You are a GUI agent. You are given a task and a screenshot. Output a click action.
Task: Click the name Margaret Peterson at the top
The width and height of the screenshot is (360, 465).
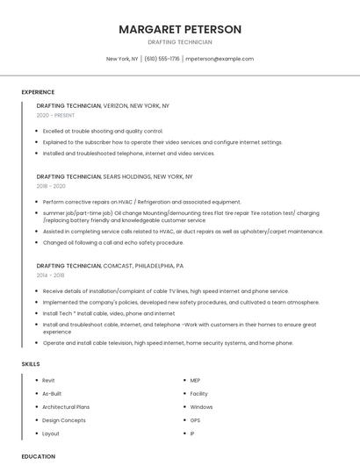pyautogui.click(x=180, y=29)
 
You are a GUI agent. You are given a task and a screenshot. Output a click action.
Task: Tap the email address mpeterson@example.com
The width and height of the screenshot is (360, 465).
pyautogui.click(x=220, y=59)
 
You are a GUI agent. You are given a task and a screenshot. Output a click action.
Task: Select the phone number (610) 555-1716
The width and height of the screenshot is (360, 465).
pyautogui.click(x=162, y=59)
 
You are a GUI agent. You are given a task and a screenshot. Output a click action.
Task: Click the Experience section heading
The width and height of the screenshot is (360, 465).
pyautogui.click(x=38, y=92)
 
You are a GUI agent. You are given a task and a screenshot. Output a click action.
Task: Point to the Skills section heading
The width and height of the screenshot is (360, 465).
pyautogui.click(x=31, y=363)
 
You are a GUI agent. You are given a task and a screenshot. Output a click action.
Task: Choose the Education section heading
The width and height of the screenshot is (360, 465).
pyautogui.click(x=38, y=456)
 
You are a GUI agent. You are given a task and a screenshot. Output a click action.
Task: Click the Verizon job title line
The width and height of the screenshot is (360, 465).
pyautogui.click(x=103, y=105)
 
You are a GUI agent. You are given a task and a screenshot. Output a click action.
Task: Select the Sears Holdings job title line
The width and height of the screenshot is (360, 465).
pyautogui.click(x=114, y=176)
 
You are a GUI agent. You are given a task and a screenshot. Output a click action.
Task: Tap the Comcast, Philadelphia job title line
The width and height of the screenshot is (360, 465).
pyautogui.click(x=110, y=265)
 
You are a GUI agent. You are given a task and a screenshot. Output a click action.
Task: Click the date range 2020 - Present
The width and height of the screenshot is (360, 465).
pyautogui.click(x=55, y=115)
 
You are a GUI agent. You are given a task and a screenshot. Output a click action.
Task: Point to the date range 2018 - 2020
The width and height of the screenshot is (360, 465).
pyautogui.click(x=51, y=186)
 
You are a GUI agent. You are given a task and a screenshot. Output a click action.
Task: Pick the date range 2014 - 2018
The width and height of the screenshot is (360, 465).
pyautogui.click(x=51, y=275)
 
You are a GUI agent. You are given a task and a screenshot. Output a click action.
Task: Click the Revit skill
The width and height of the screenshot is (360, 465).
pyautogui.click(x=49, y=380)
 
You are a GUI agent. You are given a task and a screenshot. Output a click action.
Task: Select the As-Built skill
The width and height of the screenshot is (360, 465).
pyautogui.click(x=52, y=394)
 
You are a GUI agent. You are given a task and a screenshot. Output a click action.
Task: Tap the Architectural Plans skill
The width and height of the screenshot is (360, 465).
pyautogui.click(x=66, y=407)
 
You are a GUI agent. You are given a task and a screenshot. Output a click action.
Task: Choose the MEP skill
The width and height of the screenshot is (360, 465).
pyautogui.click(x=196, y=380)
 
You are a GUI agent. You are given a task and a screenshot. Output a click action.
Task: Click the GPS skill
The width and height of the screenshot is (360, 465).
pyautogui.click(x=195, y=420)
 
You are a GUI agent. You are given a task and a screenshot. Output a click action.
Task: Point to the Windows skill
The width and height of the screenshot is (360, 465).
pyautogui.click(x=201, y=407)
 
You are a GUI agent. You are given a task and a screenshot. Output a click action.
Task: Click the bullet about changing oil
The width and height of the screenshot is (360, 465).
pyautogui.click(x=113, y=242)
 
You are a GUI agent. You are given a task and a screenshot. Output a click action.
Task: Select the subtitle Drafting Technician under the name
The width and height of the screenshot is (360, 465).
pyautogui.click(x=180, y=42)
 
